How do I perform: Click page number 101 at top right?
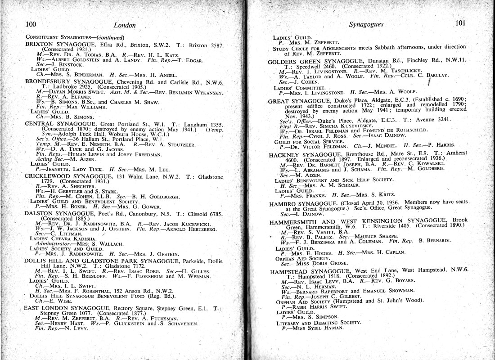pos(459,23)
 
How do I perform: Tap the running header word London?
pos(125,25)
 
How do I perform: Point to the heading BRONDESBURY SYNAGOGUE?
pos(68,83)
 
